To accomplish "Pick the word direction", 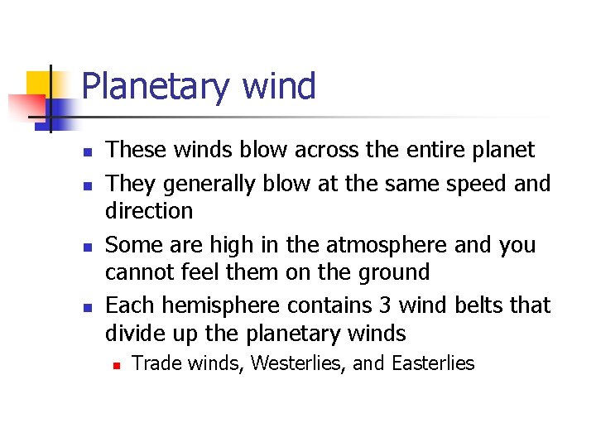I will (x=149, y=210).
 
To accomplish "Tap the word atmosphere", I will (x=381, y=245).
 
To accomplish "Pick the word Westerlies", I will (x=287, y=363).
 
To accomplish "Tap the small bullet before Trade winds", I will (x=116, y=365).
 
